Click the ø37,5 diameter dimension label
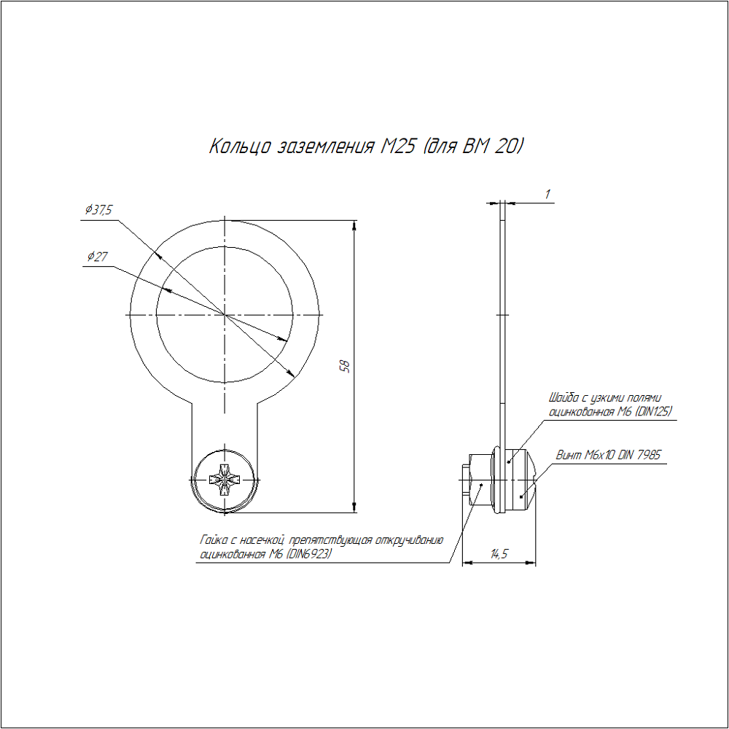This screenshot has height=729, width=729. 98,210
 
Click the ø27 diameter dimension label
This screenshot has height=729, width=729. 97,256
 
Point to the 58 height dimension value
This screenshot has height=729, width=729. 345,367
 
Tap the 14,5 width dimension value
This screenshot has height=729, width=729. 499,553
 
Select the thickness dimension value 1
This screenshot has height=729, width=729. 547,194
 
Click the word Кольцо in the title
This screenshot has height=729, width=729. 239,147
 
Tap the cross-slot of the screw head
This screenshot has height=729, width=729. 225,479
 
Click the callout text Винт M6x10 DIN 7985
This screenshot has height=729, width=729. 608,455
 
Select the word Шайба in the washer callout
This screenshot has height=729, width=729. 564,397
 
